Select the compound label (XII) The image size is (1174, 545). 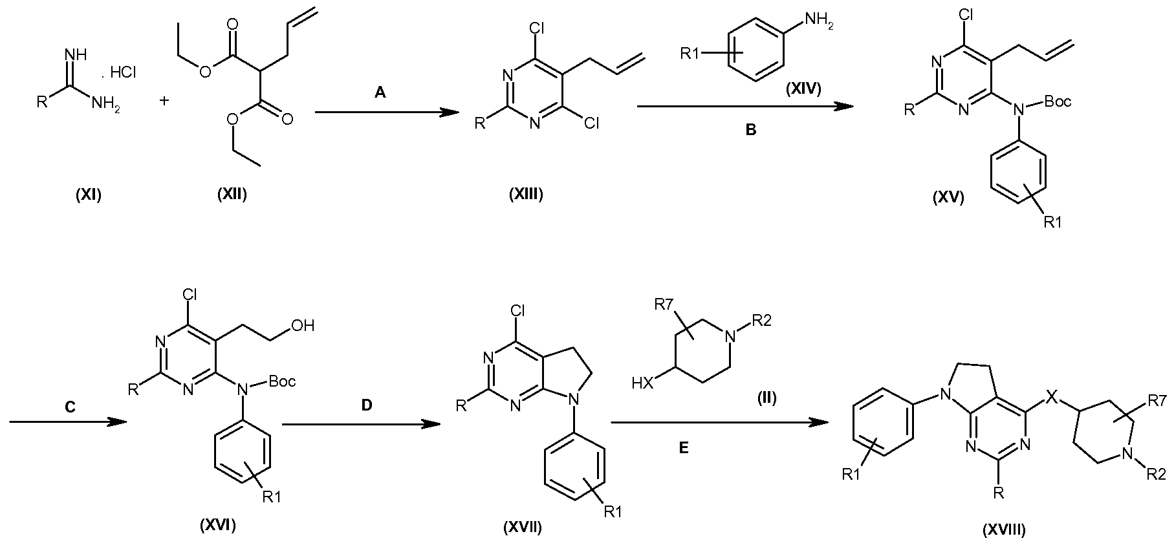232,194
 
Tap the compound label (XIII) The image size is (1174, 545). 527,194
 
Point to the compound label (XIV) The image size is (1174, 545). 803,89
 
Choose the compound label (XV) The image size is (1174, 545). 948,198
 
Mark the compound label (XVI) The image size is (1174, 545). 217,525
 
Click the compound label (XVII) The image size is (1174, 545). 523,528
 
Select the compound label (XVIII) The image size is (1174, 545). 1004,530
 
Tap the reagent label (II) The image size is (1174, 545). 766,399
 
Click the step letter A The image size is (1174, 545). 380,93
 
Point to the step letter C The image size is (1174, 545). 71,407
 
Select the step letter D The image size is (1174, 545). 367,405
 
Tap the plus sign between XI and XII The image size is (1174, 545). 164,101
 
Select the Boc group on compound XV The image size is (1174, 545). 1058,101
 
